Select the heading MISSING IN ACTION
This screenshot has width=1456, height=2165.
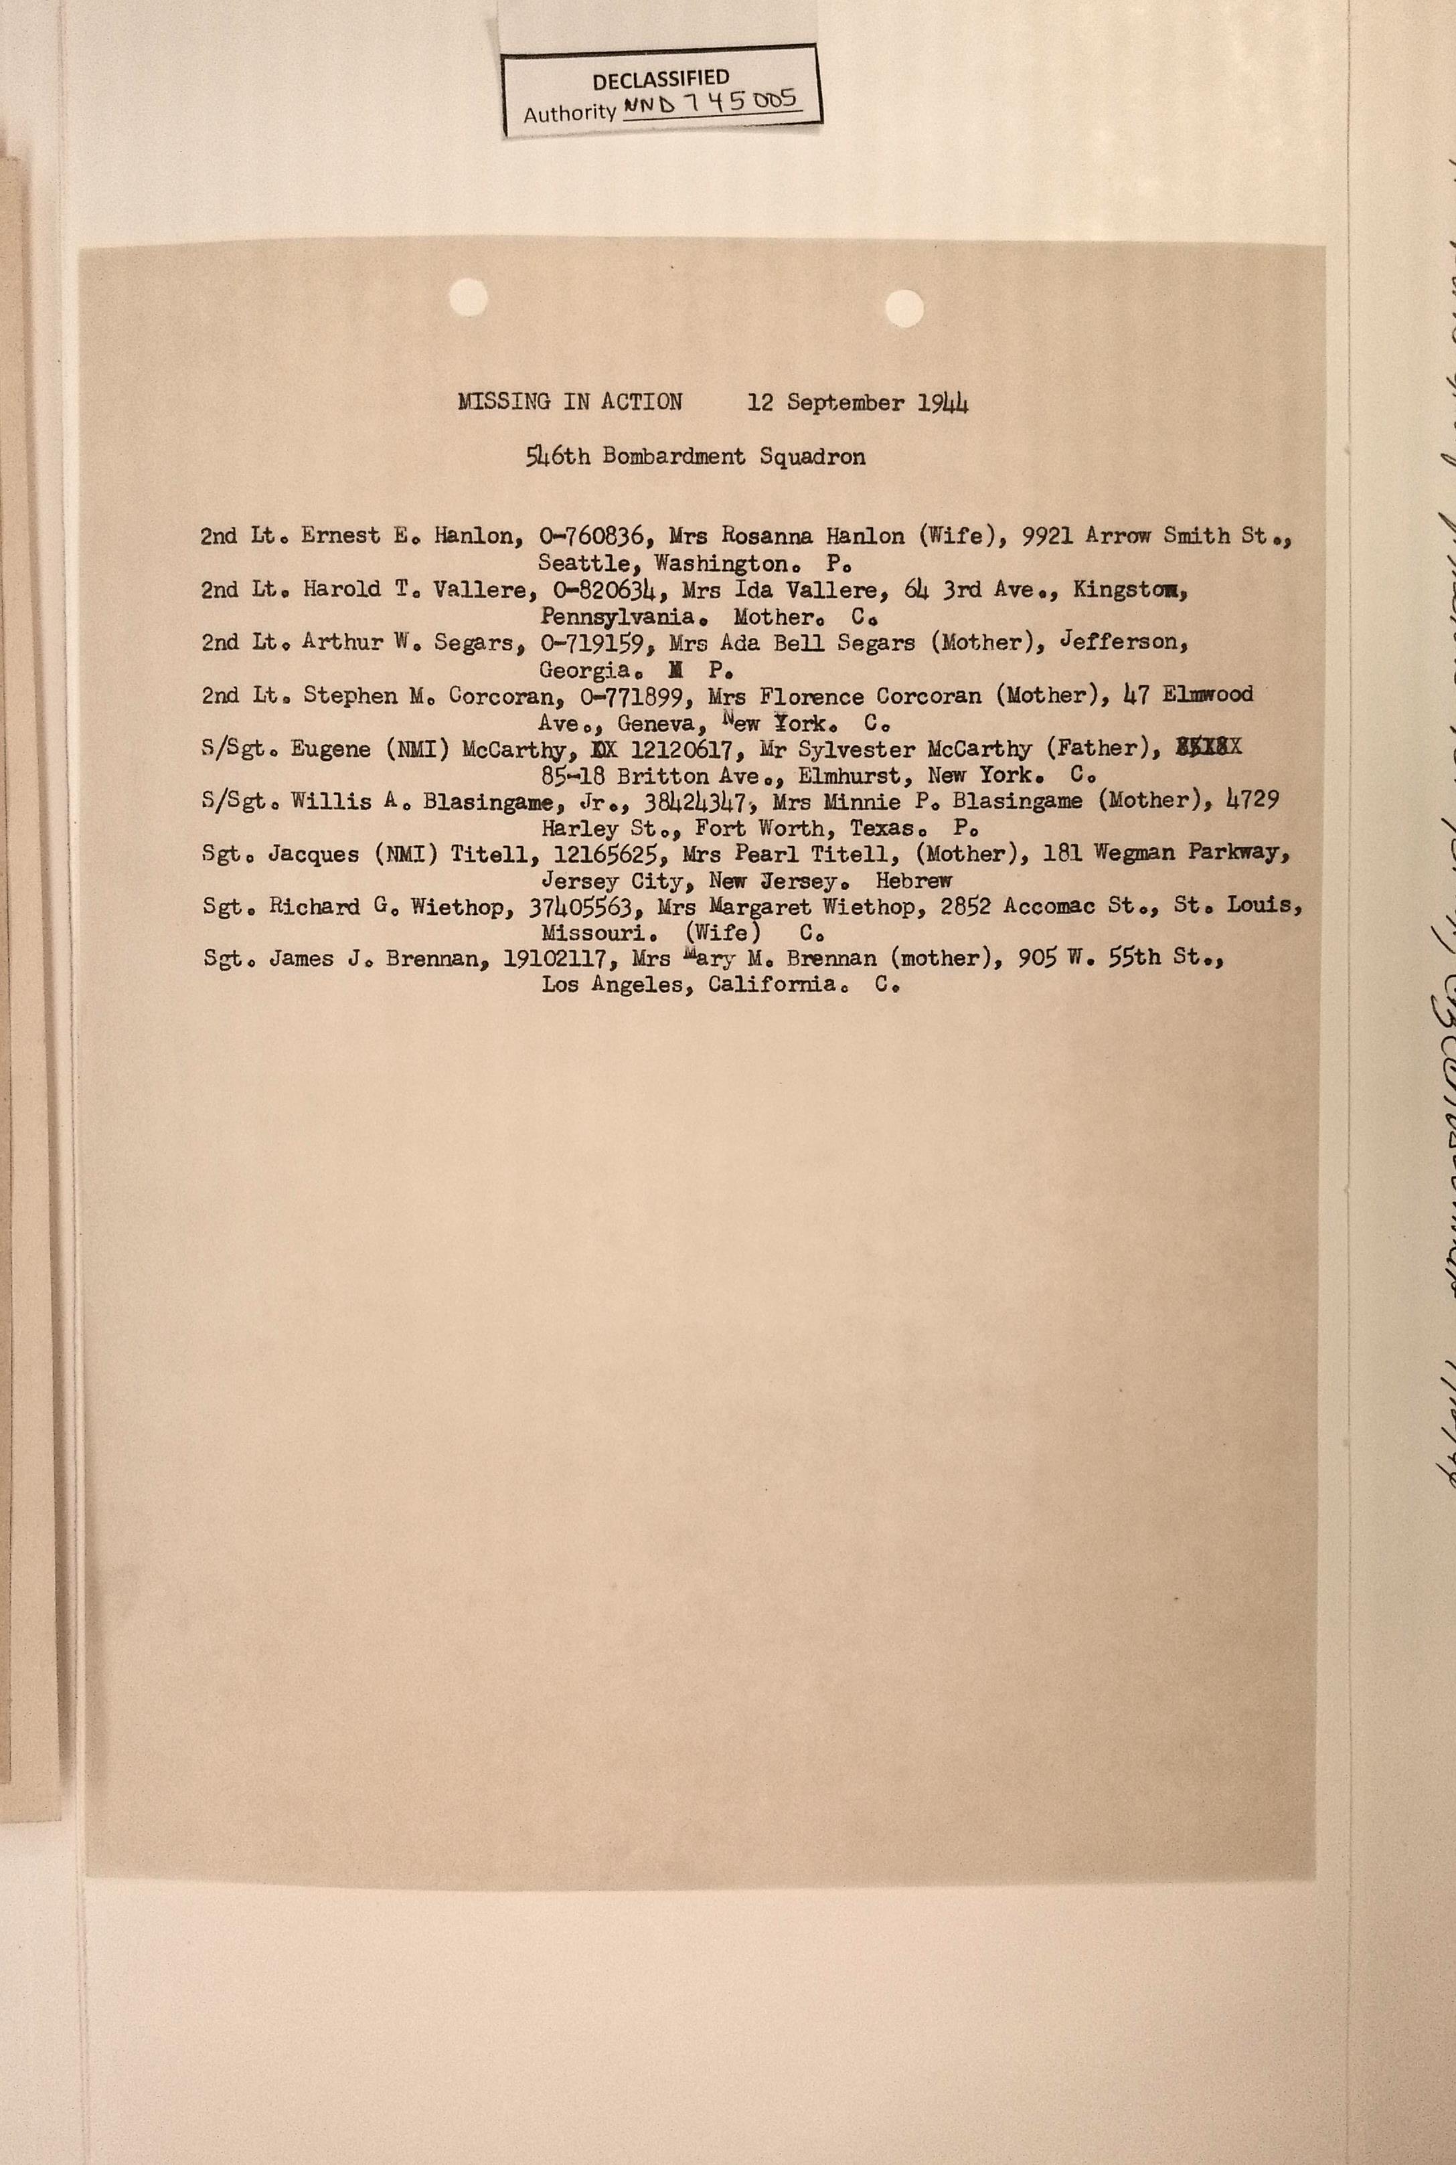570,402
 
